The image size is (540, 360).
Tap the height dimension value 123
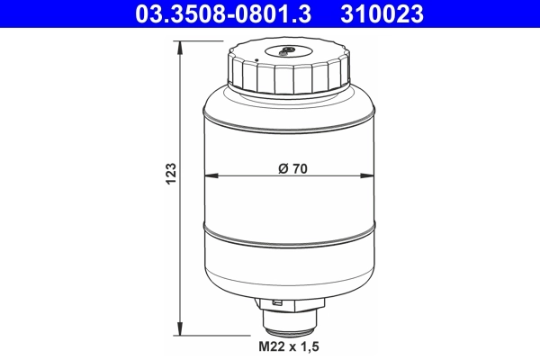172,174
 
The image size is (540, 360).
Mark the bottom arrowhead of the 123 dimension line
183,327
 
